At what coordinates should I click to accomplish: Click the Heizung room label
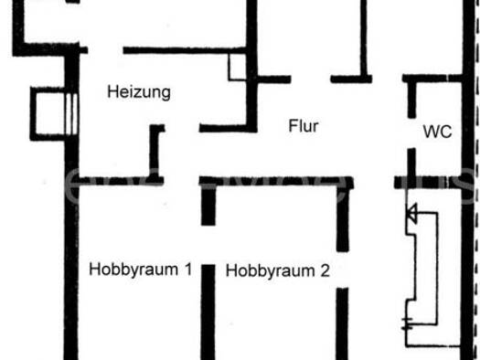click(139, 92)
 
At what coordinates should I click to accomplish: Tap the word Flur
click(304, 126)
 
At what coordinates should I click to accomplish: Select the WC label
click(437, 132)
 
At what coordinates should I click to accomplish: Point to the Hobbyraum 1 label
click(141, 270)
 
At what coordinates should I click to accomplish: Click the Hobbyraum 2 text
click(277, 271)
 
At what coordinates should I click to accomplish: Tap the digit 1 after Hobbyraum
click(188, 269)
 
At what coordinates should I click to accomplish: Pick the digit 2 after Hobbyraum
click(325, 270)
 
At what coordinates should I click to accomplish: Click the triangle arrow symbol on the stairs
click(411, 213)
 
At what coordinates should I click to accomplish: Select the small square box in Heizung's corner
click(237, 68)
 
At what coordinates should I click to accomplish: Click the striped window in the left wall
click(71, 114)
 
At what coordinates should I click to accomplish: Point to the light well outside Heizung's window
click(48, 114)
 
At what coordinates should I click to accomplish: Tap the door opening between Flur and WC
click(411, 133)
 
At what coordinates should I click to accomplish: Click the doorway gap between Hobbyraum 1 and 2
click(208, 245)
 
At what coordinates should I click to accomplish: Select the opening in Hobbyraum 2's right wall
click(343, 270)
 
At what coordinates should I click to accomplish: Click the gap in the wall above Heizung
click(106, 50)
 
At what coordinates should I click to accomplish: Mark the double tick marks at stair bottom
click(407, 323)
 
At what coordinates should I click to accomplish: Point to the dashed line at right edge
click(476, 180)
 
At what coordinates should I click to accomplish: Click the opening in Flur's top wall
click(311, 79)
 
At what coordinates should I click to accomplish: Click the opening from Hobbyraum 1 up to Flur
click(182, 181)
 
